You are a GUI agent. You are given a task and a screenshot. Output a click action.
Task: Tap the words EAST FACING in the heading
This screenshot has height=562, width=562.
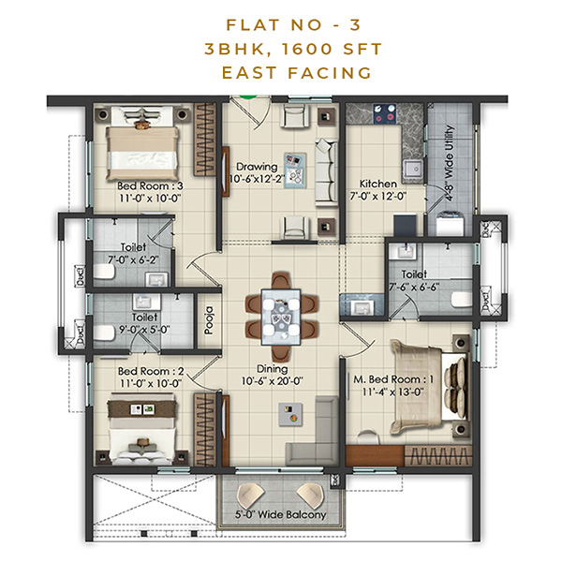pyautogui.click(x=280, y=72)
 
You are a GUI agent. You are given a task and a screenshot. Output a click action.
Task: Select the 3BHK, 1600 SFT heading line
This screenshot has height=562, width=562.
pyautogui.click(x=280, y=49)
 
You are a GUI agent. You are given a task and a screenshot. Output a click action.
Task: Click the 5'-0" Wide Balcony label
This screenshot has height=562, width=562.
pyautogui.click(x=280, y=516)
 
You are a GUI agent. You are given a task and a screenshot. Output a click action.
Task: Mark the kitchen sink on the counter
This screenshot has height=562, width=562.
pyautogui.click(x=409, y=170)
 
